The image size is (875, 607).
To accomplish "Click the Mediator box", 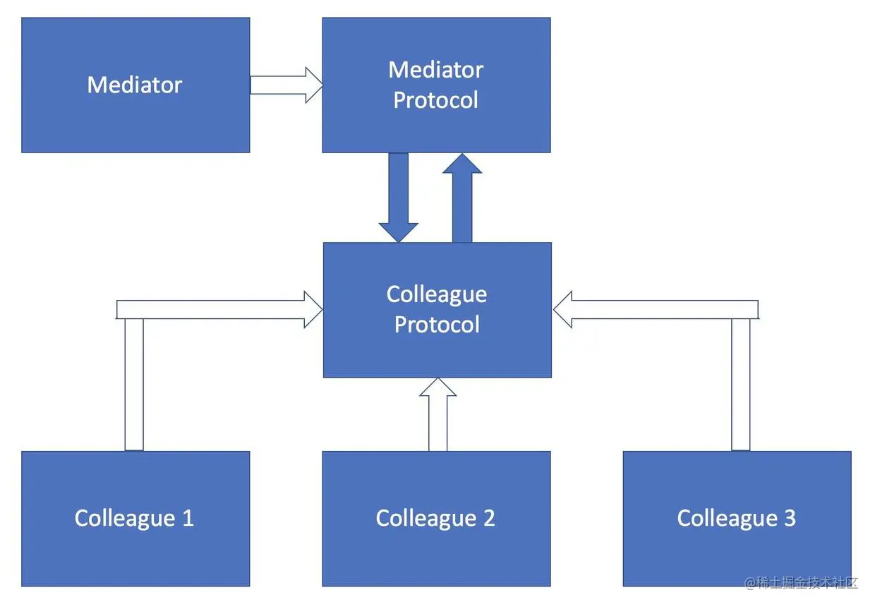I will (x=135, y=85).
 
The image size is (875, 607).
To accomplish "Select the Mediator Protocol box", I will (x=436, y=85).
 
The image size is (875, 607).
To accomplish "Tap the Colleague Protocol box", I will (x=437, y=310).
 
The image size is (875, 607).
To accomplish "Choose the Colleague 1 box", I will (x=135, y=519).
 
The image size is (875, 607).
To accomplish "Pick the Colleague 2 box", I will (x=436, y=519).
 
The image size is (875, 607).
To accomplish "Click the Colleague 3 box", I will (x=737, y=519).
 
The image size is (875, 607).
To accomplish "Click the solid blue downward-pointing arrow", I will (x=399, y=198).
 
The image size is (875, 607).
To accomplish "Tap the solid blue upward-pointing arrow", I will (x=462, y=198).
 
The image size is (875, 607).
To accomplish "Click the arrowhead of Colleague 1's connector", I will (x=312, y=309).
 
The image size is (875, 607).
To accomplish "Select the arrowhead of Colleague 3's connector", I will (x=563, y=309).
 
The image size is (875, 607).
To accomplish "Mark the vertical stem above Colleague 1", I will (x=134, y=385).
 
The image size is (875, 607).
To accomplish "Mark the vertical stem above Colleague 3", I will (x=740, y=385).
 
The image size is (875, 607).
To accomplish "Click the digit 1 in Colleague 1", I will (x=187, y=519).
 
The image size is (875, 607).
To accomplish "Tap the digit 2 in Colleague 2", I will (x=488, y=519).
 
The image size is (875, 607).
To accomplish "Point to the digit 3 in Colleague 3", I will (x=789, y=519).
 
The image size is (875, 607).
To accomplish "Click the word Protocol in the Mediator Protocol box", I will (x=436, y=100).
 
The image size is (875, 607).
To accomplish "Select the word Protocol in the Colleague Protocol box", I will (x=437, y=325).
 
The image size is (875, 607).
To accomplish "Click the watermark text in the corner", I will (x=801, y=583).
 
